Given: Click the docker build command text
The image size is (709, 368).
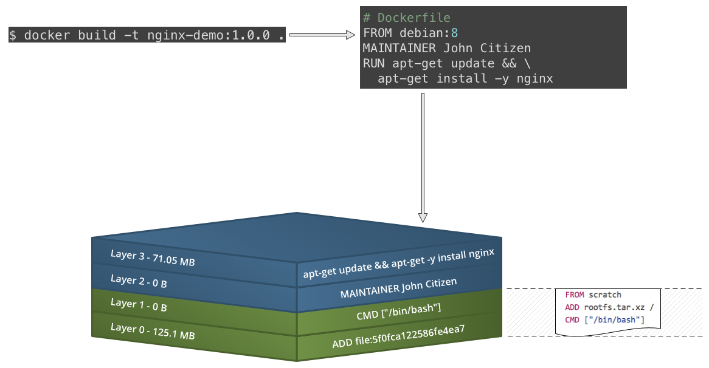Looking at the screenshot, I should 147,35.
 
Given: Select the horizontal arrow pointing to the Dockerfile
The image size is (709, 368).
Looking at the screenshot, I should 322,35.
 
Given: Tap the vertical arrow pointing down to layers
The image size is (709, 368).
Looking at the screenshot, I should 423,158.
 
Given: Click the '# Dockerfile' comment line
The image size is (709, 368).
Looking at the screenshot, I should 407,18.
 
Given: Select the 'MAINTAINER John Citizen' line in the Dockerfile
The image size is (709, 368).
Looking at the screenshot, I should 447,48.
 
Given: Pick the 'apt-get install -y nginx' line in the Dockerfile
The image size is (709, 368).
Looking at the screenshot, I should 465,78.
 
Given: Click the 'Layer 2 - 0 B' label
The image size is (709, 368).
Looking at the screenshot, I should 139,282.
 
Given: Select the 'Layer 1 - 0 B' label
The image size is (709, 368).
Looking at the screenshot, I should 139,305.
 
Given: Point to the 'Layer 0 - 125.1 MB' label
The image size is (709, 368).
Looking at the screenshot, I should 153,331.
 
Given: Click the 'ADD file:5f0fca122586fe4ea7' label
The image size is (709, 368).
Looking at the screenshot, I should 398,337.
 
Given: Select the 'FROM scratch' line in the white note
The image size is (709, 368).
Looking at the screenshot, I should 593,295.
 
